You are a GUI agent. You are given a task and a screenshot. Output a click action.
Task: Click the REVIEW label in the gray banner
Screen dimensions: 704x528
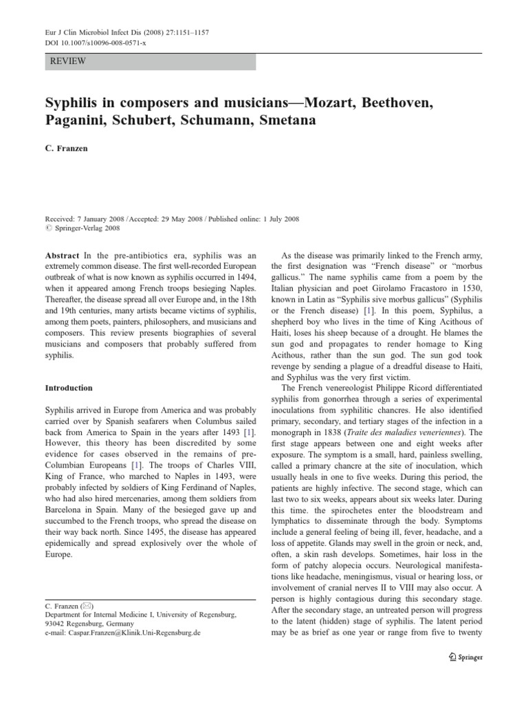click(68, 61)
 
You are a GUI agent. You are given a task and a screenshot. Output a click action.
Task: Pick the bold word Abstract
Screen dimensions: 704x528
click(61, 255)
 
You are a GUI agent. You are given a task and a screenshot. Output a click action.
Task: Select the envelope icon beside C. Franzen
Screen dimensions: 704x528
click(86, 606)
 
